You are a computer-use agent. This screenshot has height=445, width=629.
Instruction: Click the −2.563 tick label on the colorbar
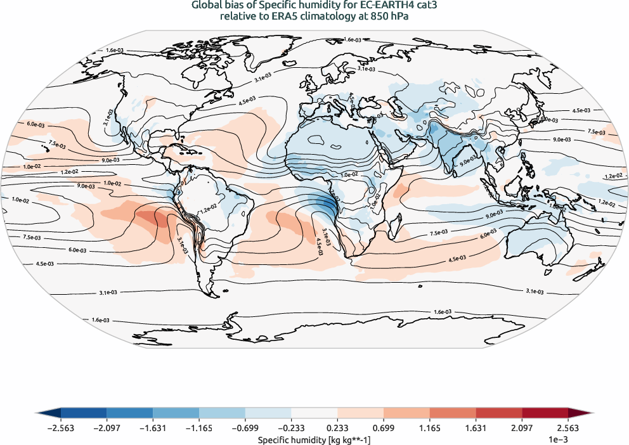pos(61,429)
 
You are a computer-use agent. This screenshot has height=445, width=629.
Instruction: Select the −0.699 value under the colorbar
pos(245,429)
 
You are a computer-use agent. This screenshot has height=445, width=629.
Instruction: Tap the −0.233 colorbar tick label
pos(291,429)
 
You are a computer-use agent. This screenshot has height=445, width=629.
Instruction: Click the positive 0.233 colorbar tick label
pos(338,429)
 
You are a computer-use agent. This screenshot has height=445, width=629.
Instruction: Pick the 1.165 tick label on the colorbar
pos(430,429)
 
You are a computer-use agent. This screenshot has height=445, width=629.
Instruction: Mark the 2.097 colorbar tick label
pos(522,429)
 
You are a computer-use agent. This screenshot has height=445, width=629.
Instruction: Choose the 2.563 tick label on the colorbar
pos(568,429)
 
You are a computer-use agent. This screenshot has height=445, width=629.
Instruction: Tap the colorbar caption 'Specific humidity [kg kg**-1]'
pos(314,439)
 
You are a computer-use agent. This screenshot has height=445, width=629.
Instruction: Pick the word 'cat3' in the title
pos(423,6)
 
